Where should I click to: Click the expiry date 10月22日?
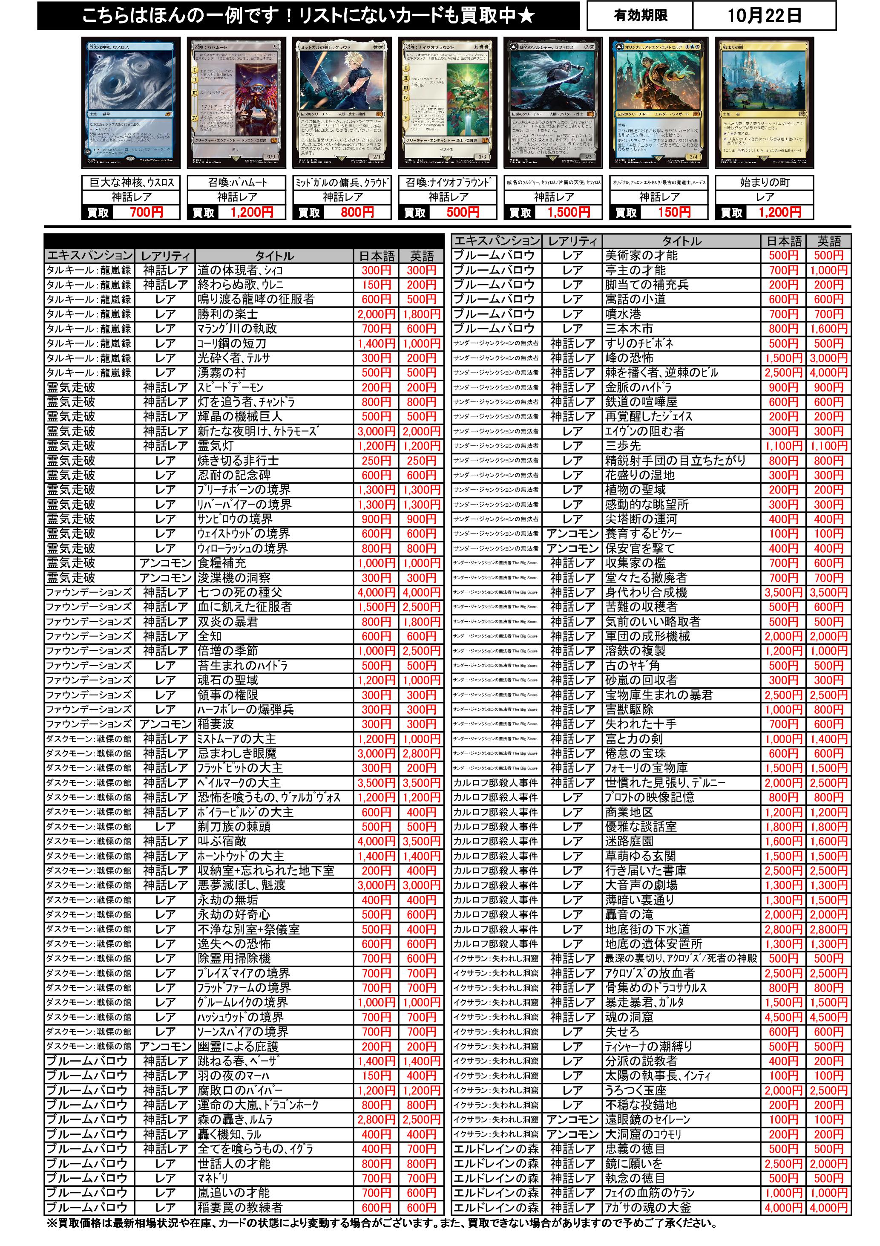click(x=764, y=15)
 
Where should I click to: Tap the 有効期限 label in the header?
click(x=641, y=15)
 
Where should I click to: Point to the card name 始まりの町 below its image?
click(x=764, y=182)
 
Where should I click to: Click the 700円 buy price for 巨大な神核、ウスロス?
click(x=146, y=212)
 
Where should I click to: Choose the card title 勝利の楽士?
click(x=228, y=314)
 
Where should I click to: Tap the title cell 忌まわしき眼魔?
click(x=237, y=754)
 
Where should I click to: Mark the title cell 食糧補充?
click(x=222, y=563)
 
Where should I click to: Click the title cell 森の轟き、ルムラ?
click(x=235, y=1119)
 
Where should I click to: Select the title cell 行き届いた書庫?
click(x=646, y=871)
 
